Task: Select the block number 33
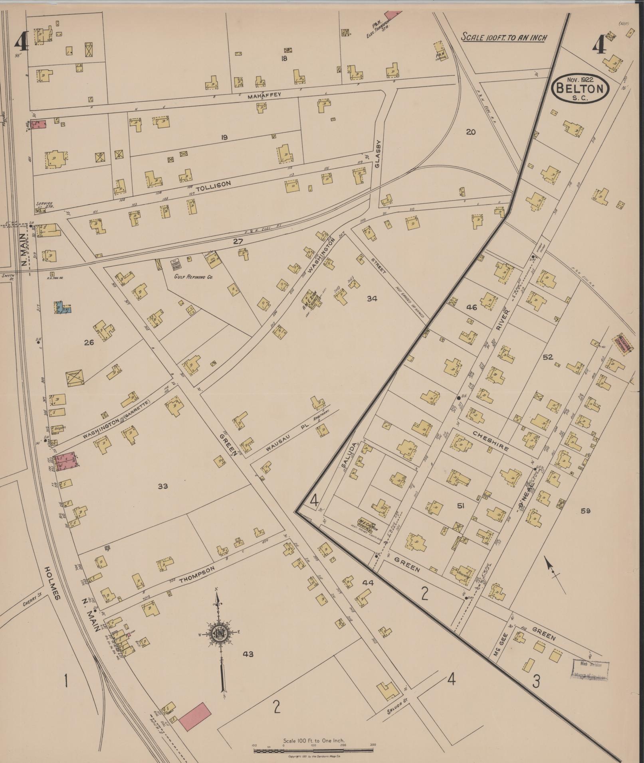pyautogui.click(x=162, y=486)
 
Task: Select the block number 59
pyautogui.click(x=585, y=511)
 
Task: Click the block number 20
pyautogui.click(x=471, y=132)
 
